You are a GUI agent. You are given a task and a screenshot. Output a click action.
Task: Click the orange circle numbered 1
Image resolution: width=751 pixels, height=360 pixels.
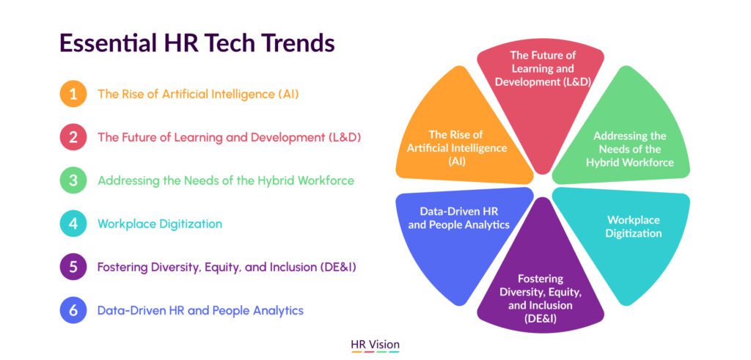73,94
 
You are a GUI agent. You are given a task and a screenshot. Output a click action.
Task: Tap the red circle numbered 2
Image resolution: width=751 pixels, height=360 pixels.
73,137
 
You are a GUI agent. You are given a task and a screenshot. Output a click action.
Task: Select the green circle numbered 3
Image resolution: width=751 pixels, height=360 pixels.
73,180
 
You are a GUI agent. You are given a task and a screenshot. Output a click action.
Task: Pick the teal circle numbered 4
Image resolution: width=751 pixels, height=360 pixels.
73,224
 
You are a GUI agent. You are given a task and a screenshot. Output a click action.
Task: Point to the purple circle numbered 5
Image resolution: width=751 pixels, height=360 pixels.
73,267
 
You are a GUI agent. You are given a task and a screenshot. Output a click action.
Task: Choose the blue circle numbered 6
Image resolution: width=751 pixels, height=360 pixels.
73,310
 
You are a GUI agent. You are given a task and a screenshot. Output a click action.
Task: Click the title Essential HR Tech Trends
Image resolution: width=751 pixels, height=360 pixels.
197,43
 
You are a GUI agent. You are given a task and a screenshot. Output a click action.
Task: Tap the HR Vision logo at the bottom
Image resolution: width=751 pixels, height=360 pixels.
375,345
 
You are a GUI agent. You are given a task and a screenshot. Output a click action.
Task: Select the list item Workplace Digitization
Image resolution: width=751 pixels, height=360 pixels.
160,224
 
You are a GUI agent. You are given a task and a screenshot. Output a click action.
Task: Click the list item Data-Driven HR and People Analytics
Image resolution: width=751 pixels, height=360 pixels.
201,311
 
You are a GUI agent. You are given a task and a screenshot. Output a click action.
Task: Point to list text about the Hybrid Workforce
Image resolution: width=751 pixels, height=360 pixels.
226,181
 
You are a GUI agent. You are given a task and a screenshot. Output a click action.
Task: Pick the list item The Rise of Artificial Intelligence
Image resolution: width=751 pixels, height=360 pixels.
198,95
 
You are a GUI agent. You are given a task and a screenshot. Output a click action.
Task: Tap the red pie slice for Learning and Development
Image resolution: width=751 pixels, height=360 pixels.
541,96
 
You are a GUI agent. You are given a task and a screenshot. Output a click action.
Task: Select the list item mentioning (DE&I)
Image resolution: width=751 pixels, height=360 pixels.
227,267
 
